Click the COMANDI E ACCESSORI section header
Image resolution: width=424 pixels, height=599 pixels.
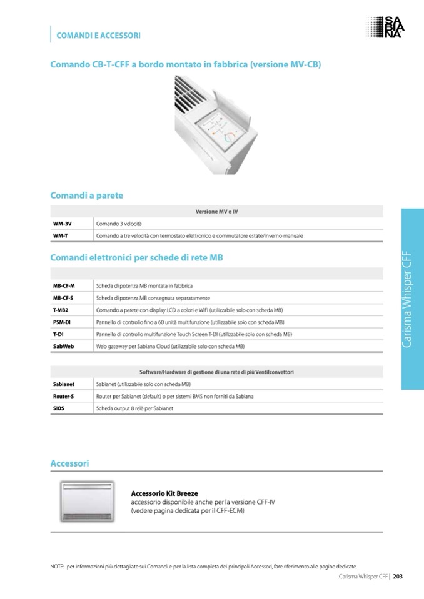pos(98,36)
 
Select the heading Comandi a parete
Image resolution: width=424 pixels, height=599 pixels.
pos(86,196)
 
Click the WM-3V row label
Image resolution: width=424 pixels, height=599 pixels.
pos(63,224)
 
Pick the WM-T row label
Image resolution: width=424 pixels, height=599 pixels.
pos(61,236)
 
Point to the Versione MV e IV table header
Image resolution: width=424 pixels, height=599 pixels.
pos(216,212)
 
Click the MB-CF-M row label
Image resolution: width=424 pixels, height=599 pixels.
pos(64,285)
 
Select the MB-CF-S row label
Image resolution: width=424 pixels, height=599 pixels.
pos(63,298)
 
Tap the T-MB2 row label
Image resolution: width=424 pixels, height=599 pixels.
pos(61,310)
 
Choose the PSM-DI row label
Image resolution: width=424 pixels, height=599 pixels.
pos(62,322)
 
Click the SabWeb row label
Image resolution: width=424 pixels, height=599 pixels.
pos(63,346)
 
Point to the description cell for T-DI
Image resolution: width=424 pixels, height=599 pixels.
pos(194,334)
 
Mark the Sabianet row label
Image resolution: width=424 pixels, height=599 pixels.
pos(64,384)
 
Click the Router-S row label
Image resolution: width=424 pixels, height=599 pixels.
pos(64,396)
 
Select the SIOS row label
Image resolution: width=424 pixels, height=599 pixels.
pos(59,408)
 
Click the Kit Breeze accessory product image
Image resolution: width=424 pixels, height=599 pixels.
pos(87,502)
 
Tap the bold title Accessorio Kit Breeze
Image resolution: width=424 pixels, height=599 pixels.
pos(164,493)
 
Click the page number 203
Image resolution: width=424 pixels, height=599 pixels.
pos(397,577)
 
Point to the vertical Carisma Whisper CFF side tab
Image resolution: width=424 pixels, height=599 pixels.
pos(412,299)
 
